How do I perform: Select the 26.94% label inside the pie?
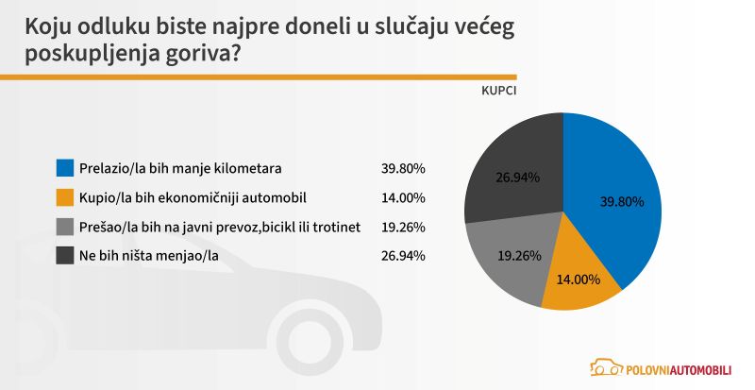click(x=517, y=176)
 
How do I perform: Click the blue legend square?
click(x=65, y=168)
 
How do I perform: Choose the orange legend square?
click(x=65, y=197)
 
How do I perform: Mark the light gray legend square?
click(x=65, y=227)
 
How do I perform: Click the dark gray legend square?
click(x=65, y=255)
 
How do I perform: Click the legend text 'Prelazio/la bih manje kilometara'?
click(x=181, y=168)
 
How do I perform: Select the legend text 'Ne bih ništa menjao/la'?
click(x=150, y=255)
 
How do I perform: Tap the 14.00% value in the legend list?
click(x=404, y=197)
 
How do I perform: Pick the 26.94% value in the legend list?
click(x=404, y=255)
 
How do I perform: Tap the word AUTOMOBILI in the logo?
click(x=696, y=368)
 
